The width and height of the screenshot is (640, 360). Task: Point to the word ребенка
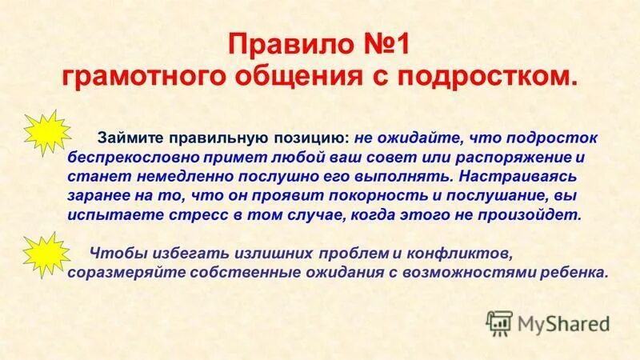tap(574, 272)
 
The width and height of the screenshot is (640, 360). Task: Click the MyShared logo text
tap(563, 323)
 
